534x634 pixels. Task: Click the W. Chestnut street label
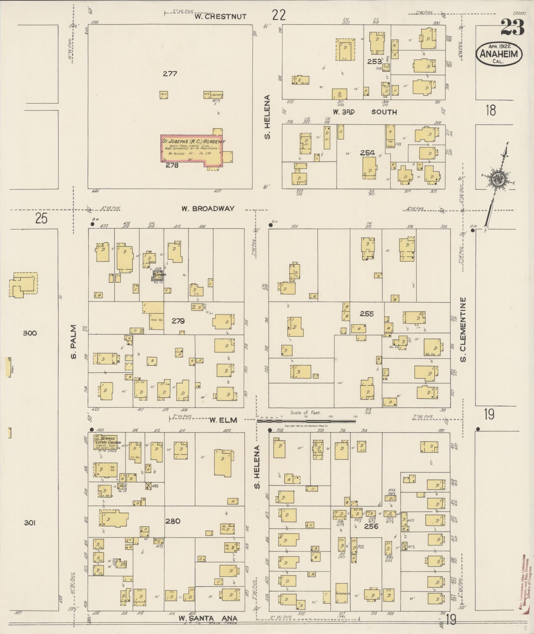point(220,17)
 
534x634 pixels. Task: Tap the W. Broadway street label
point(208,208)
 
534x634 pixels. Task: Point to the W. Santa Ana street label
point(209,618)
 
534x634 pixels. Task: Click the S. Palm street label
point(73,341)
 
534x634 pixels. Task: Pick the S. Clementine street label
point(463,329)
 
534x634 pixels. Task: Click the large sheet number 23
point(512,28)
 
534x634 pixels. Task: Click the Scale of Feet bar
point(306,421)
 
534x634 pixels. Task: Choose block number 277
point(170,74)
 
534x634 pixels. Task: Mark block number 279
point(178,321)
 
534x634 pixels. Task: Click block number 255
point(366,314)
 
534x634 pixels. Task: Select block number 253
point(374,61)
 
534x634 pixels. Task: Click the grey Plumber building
point(158,276)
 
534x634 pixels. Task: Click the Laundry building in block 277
point(213,95)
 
